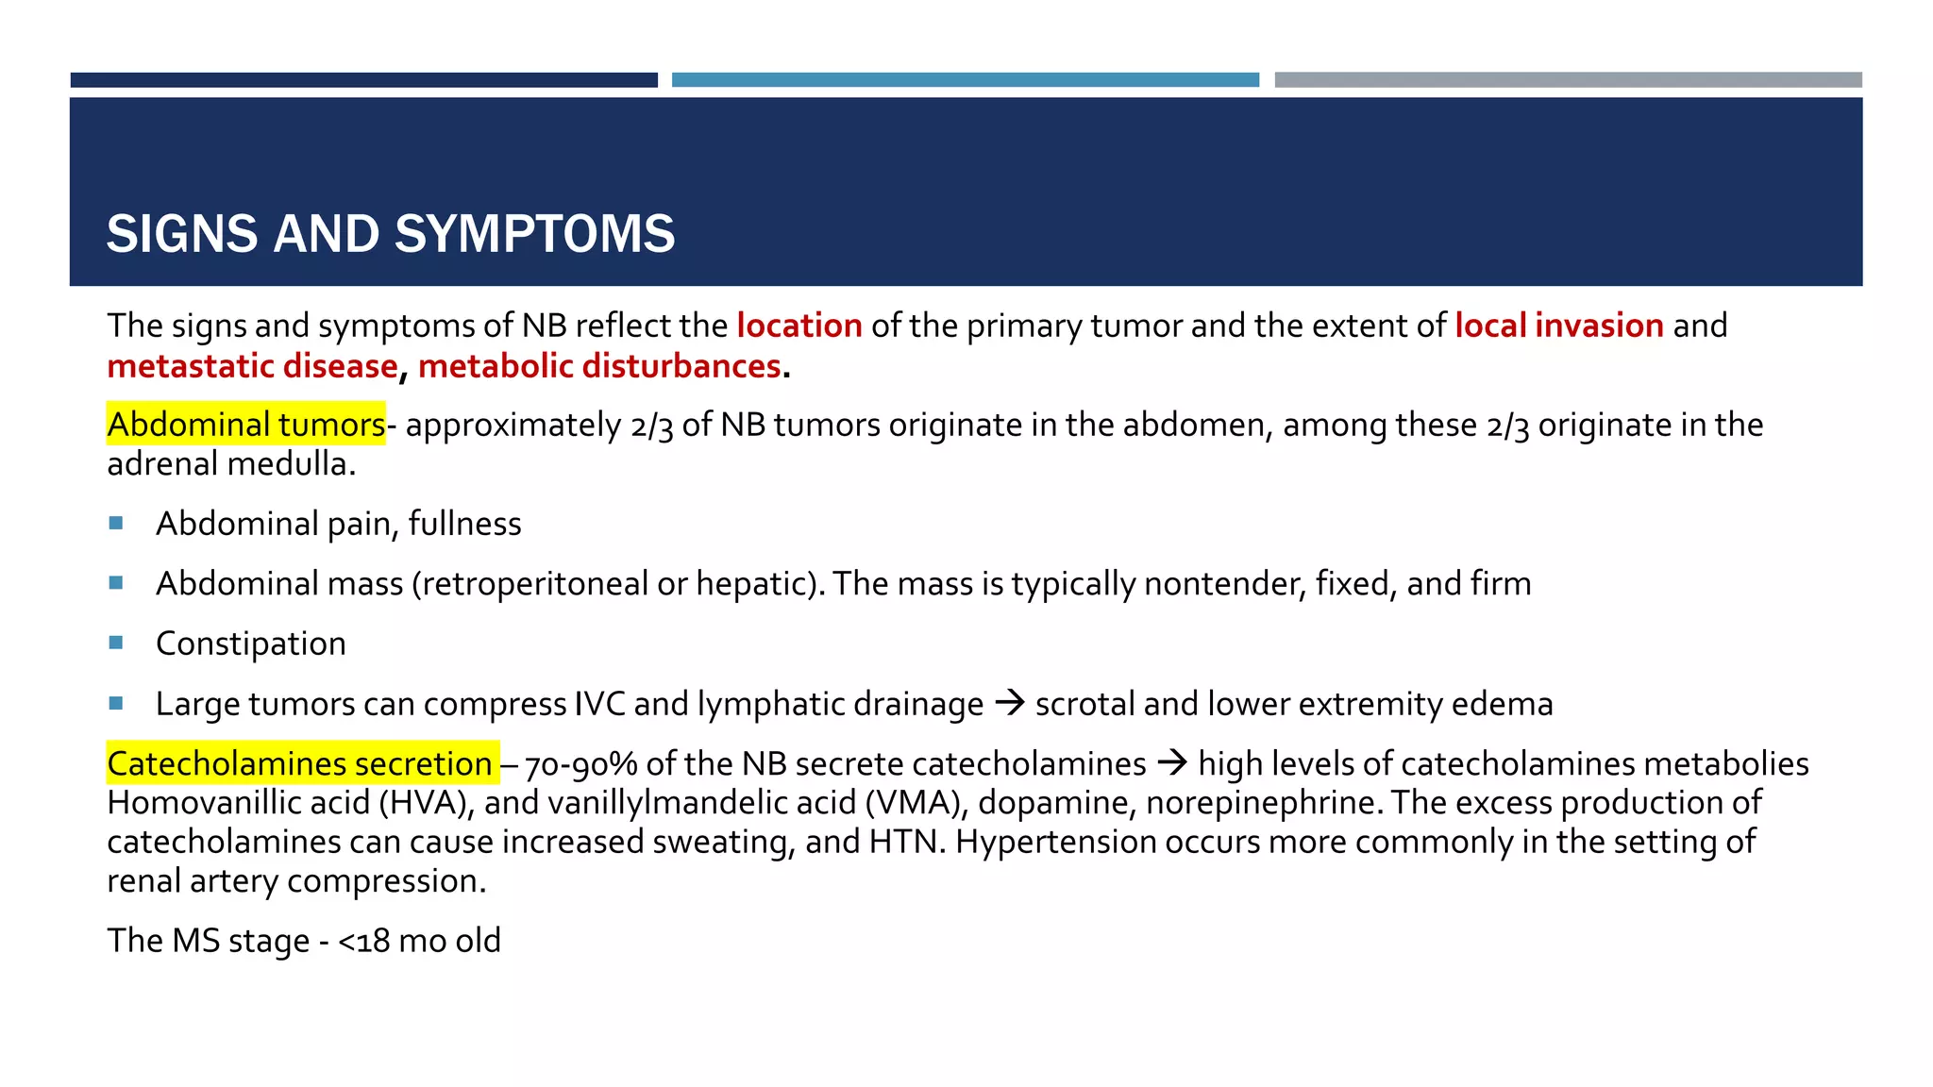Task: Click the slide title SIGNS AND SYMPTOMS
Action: coord(391,234)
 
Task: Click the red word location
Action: coord(799,326)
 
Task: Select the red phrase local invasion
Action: coord(1558,326)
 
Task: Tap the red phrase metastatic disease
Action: coord(252,366)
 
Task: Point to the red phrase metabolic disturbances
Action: coord(599,366)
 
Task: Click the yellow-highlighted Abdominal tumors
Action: coord(246,425)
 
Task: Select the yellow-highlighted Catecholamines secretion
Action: coord(300,763)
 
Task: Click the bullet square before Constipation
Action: coord(116,643)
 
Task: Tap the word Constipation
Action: coord(251,644)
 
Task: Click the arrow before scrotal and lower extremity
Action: coord(1010,703)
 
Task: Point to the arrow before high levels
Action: coord(1172,762)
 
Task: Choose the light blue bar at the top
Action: coord(965,80)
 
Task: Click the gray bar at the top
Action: coord(1568,80)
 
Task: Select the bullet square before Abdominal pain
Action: coord(116,523)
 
